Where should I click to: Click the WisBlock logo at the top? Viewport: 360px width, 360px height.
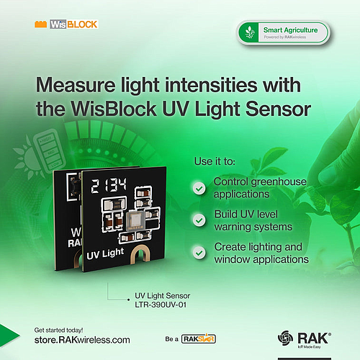(66, 24)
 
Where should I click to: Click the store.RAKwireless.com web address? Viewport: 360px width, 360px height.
(82, 339)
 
